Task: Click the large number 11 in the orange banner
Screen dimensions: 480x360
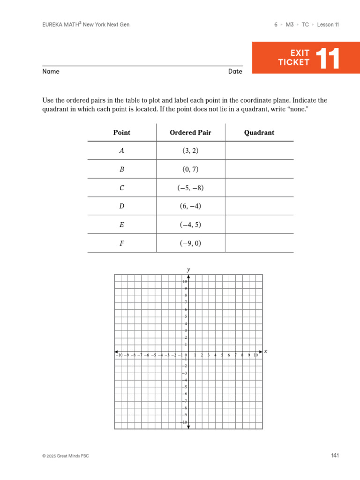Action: (328, 58)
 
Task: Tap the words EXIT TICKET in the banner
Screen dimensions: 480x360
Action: (294, 58)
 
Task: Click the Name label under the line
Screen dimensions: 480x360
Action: (51, 72)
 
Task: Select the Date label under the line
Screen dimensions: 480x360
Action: (235, 72)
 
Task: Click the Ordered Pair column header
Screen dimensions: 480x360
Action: (190, 133)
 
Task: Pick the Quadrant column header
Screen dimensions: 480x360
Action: (259, 133)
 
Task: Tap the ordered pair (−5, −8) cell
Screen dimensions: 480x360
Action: (190, 188)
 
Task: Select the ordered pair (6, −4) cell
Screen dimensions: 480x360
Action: (190, 206)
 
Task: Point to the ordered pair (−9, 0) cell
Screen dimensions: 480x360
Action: (190, 243)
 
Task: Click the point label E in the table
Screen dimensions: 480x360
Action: (122, 225)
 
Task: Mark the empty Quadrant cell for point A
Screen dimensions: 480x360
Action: (259, 151)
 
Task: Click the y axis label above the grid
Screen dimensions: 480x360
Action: (188, 270)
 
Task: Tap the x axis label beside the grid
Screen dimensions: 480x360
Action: (266, 352)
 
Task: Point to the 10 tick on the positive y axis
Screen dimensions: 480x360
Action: (185, 281)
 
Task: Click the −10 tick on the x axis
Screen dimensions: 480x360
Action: (119, 356)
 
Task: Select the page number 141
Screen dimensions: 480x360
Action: (335, 456)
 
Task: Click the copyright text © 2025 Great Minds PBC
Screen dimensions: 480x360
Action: (65, 456)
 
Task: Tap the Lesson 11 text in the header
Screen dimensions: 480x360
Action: (328, 25)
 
